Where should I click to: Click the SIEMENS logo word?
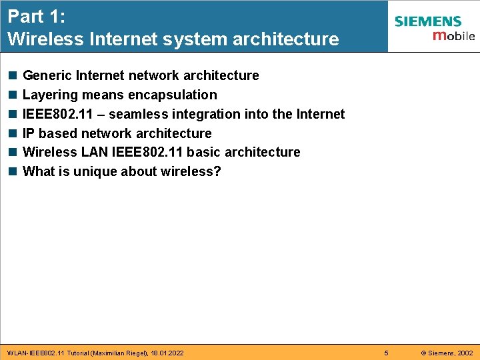(x=427, y=21)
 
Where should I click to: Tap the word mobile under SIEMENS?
(x=453, y=35)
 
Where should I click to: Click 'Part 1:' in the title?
(x=35, y=16)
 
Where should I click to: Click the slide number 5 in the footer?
(x=386, y=352)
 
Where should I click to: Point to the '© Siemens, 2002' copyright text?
(x=447, y=352)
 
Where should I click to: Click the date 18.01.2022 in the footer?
(x=167, y=352)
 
